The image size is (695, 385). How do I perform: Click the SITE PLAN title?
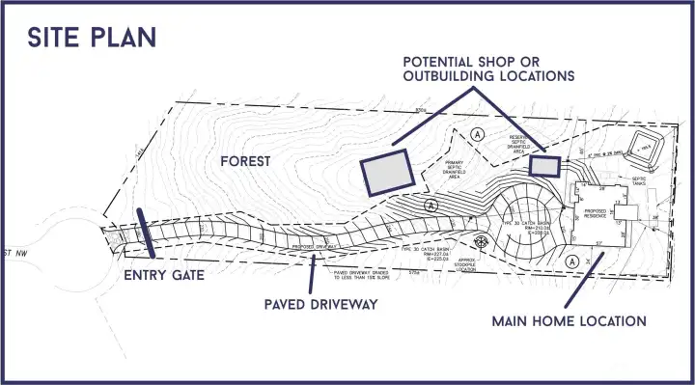pos(92,37)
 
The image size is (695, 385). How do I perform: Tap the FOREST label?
pos(245,161)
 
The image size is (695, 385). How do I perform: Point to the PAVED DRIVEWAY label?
pos(320,305)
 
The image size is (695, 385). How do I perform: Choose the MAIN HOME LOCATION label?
pos(568,320)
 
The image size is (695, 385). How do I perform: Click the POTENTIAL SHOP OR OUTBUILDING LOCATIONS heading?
pos(488,68)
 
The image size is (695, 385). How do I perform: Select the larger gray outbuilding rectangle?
pos(386,172)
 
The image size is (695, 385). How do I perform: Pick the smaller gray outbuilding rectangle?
pos(545,166)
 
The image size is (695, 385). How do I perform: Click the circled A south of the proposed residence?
pos(572,261)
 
